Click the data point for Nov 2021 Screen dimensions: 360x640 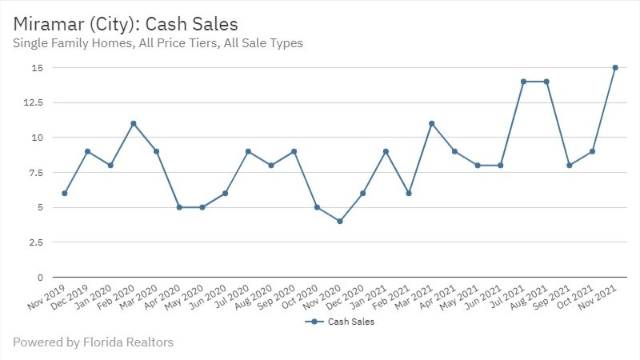coord(615,68)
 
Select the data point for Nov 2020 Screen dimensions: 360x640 coord(340,222)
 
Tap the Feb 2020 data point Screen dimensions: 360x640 coord(134,123)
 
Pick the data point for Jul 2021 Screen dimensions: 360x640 coord(523,82)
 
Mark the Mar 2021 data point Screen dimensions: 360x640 coord(431,123)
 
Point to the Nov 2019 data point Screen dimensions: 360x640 coord(64,194)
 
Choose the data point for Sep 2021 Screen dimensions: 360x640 coord(569,166)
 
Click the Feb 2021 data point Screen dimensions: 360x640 coord(408,194)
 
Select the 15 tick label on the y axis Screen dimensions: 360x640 coord(37,68)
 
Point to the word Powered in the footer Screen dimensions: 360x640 coord(38,342)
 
